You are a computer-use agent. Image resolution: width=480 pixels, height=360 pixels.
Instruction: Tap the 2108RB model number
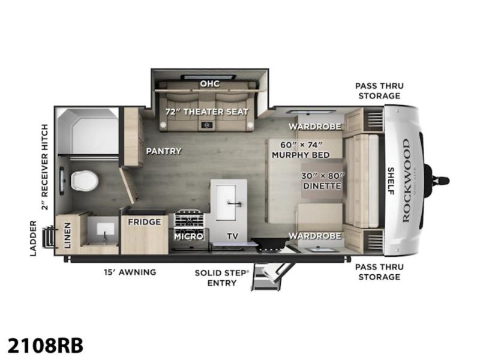pos(46,346)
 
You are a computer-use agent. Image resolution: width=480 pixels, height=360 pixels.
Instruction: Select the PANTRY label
pos(164,151)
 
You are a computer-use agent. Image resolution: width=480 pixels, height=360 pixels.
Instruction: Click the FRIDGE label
pos(144,222)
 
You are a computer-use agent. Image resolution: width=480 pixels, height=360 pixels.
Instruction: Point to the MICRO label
pos(188,236)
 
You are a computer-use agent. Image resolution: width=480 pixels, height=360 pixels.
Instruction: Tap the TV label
pos(232,236)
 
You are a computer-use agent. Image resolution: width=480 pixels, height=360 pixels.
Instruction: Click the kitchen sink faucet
pos(235,203)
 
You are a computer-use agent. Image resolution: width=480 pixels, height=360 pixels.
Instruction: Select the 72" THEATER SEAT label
pos(206,112)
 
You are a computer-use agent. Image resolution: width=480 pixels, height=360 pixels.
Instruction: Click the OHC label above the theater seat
pos(209,83)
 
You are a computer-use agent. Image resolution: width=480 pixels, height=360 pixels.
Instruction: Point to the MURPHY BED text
pos(301,155)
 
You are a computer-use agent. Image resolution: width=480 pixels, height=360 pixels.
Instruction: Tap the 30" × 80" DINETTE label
pos(323,181)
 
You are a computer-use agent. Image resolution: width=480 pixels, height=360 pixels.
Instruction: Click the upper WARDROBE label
pos(315,127)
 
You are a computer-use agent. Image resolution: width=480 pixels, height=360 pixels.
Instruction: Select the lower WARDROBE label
pos(315,236)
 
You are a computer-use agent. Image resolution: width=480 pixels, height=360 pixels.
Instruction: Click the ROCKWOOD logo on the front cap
pos(406,181)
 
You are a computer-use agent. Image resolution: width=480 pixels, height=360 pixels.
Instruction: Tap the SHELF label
pos(391,181)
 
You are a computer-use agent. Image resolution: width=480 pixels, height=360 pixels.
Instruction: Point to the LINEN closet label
pos(67,235)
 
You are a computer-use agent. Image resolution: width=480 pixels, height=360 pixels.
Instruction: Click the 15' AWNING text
pos(130,272)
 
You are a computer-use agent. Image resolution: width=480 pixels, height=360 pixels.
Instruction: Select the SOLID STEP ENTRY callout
pos(222,278)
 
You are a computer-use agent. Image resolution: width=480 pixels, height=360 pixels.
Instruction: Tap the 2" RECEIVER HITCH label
pos(44,167)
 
